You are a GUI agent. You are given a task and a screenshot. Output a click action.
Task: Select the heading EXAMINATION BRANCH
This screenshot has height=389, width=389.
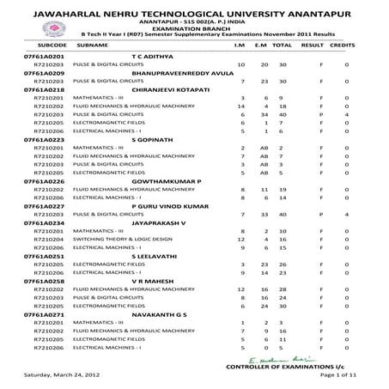193,27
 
